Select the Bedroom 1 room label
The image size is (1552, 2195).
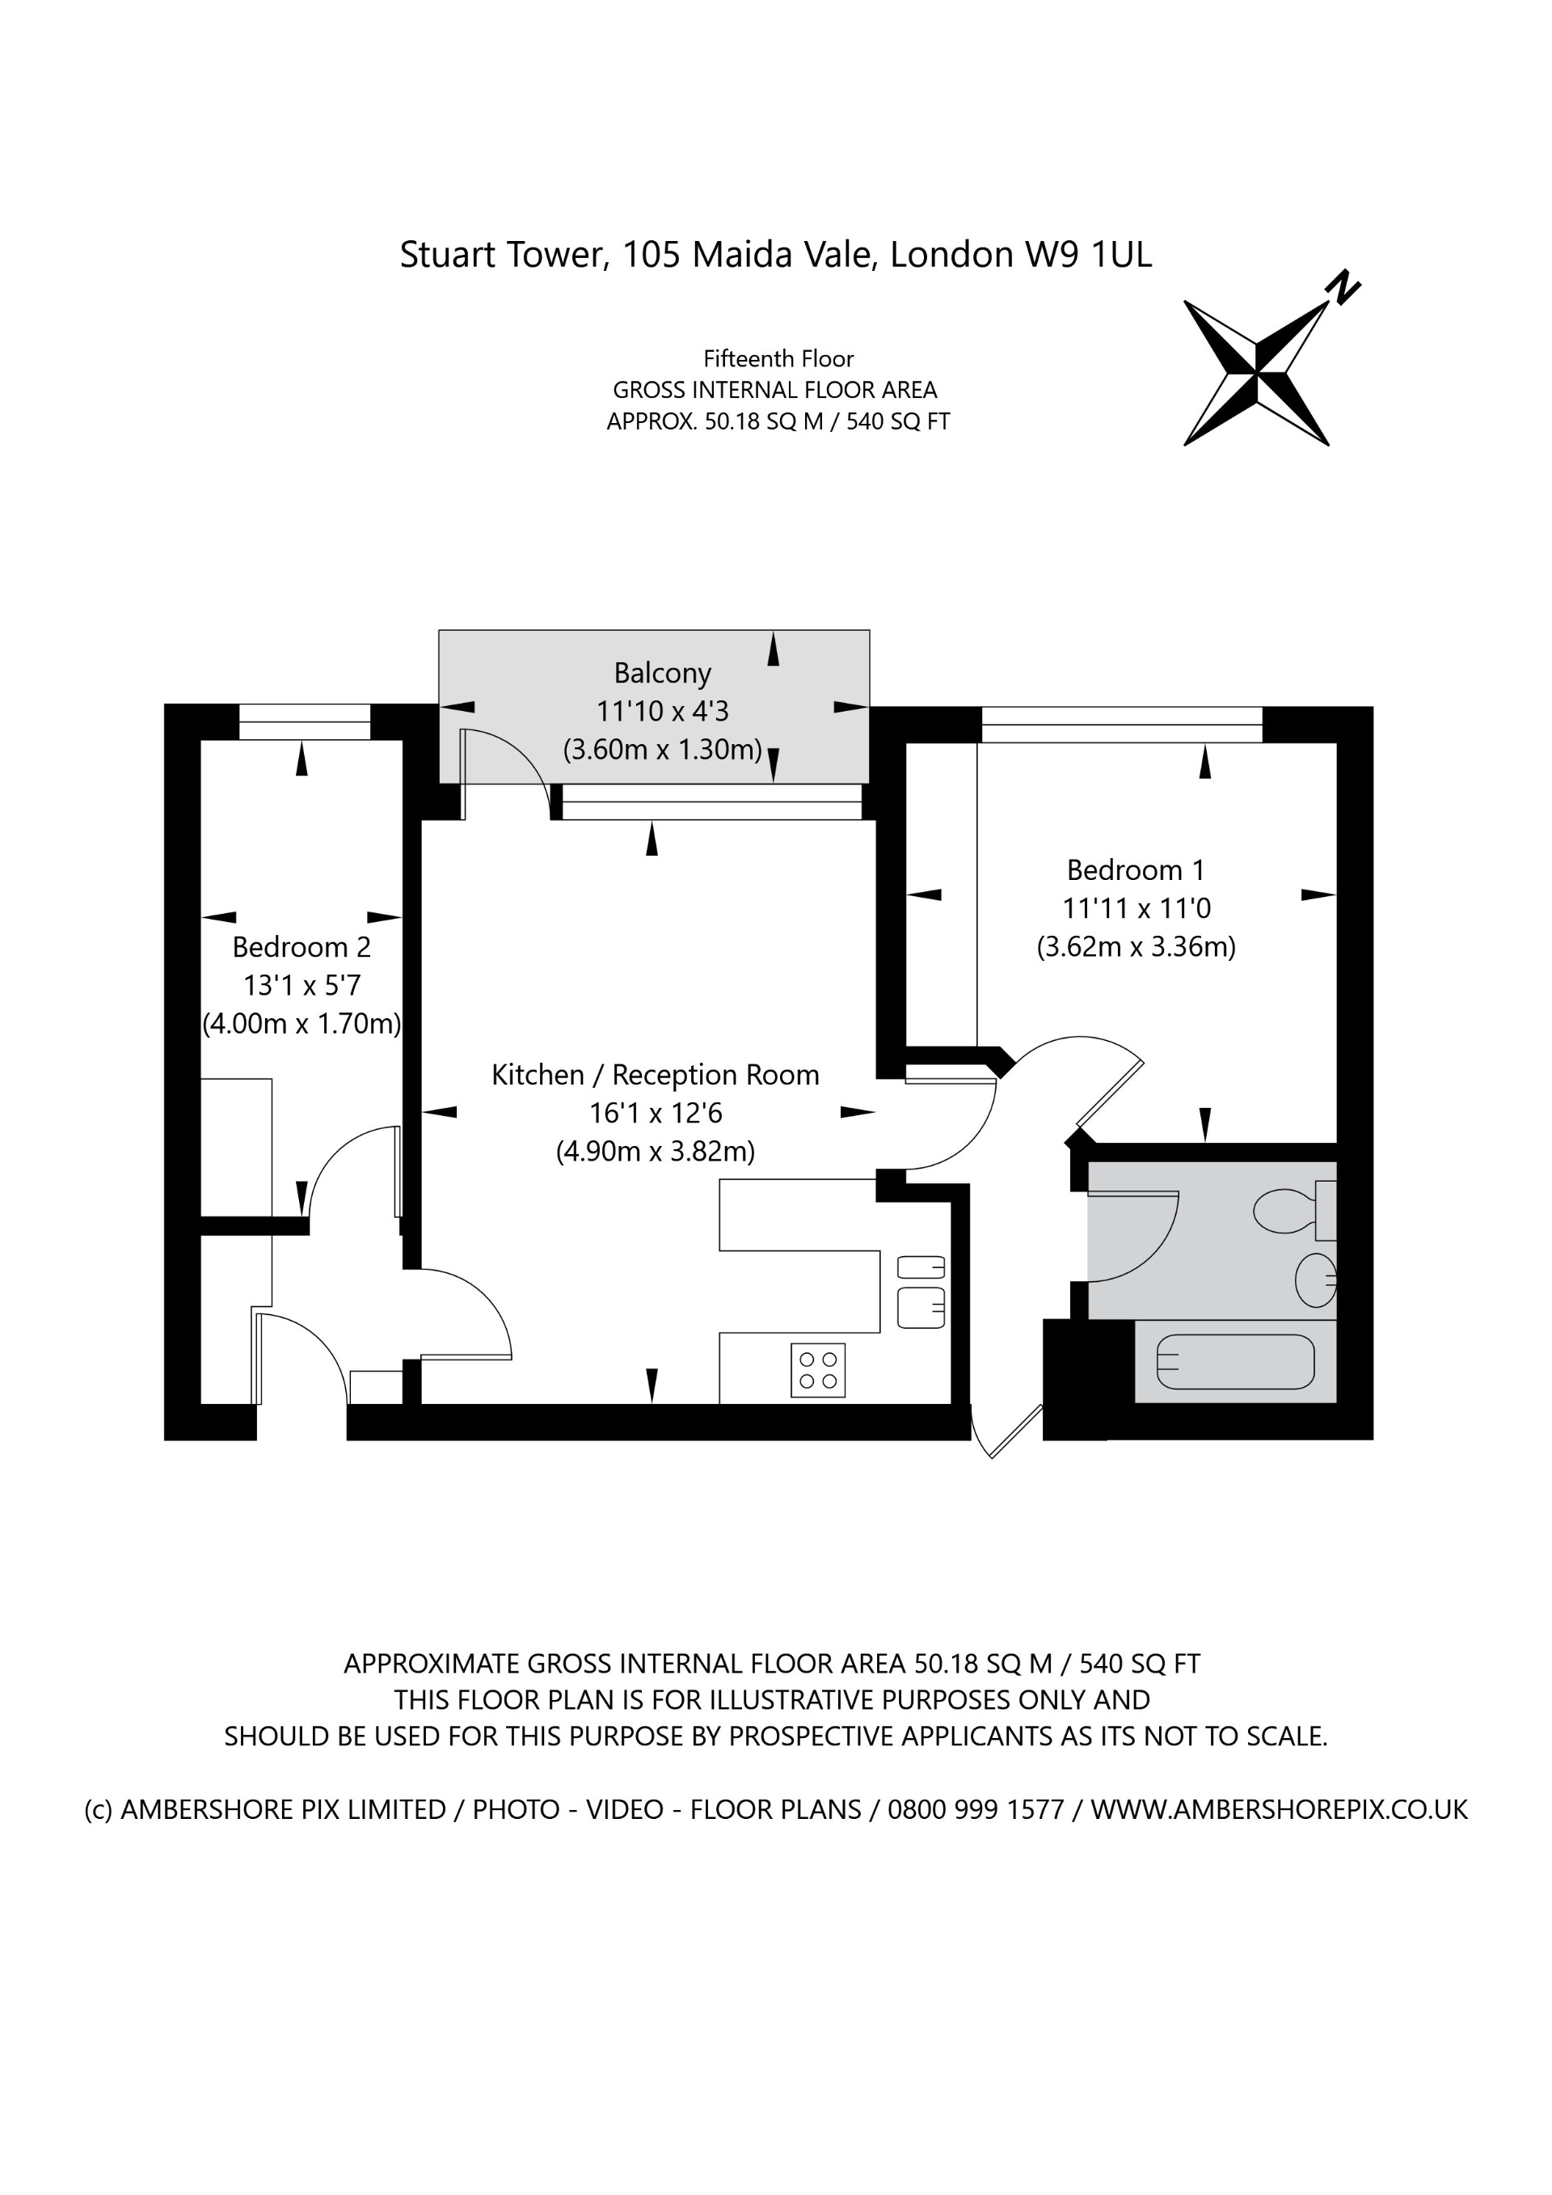[x=1136, y=870]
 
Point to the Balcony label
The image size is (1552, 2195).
[x=662, y=673]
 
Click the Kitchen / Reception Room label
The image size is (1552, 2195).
[x=655, y=1075]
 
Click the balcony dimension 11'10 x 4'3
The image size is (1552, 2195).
[x=662, y=711]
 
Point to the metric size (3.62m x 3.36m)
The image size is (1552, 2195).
[x=1136, y=946]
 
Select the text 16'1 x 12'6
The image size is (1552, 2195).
[x=655, y=1113]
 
